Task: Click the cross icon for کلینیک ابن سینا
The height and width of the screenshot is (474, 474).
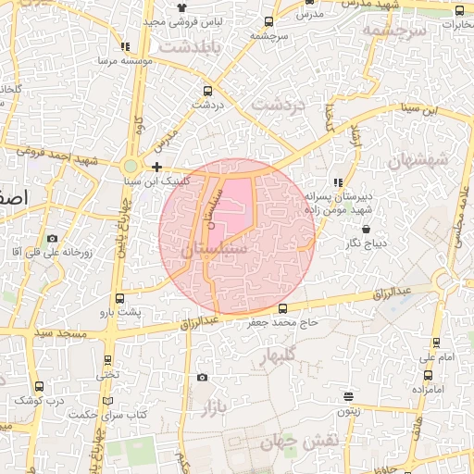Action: point(157,168)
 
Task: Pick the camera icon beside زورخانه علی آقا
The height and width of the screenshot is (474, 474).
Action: point(51,239)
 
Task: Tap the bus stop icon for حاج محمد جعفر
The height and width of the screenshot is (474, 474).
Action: point(282,309)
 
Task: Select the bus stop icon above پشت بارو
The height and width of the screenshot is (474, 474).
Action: point(119,298)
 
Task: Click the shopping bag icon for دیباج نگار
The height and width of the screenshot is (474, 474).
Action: point(367,229)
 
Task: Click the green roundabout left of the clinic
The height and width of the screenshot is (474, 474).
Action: point(131,167)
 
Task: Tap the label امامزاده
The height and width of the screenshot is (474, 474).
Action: point(428,389)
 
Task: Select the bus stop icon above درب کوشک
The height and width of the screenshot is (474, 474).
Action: point(38,386)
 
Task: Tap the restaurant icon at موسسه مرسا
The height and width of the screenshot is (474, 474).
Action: point(125,46)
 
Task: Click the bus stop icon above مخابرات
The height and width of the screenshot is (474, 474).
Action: point(460,11)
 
